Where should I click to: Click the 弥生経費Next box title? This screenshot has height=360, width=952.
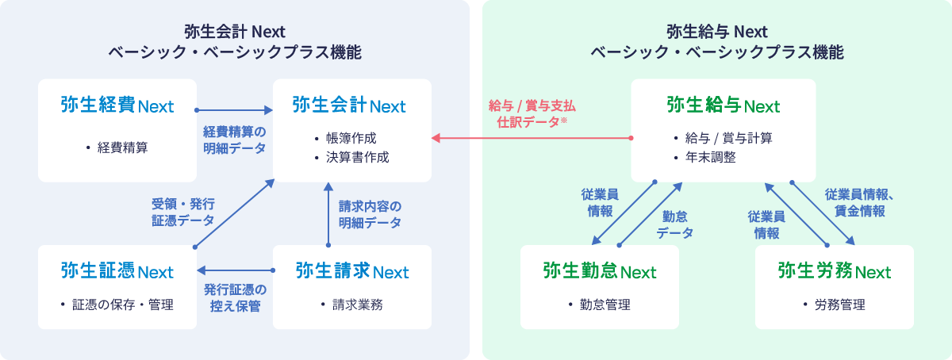[x=117, y=105]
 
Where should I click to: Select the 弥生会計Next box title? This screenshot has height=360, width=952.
[x=349, y=105]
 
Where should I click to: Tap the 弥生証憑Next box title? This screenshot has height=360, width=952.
[x=117, y=271]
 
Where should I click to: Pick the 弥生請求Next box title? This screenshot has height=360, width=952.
[x=352, y=271]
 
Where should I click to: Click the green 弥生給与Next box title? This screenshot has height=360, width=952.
[x=724, y=105]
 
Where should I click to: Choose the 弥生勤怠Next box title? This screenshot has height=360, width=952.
[x=600, y=271]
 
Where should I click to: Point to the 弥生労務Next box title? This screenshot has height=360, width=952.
[x=835, y=271]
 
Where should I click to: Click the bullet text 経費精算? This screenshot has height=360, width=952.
[x=122, y=147]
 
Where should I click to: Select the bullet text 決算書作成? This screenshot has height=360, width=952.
[x=357, y=157]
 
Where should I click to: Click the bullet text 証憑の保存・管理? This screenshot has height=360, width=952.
[x=121, y=304]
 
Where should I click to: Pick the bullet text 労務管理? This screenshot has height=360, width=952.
[x=839, y=304]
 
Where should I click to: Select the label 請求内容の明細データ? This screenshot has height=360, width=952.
[x=370, y=214]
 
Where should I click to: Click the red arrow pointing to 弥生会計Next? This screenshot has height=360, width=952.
[x=532, y=139]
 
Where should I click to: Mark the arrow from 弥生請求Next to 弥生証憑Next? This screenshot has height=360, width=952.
[x=235, y=270]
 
